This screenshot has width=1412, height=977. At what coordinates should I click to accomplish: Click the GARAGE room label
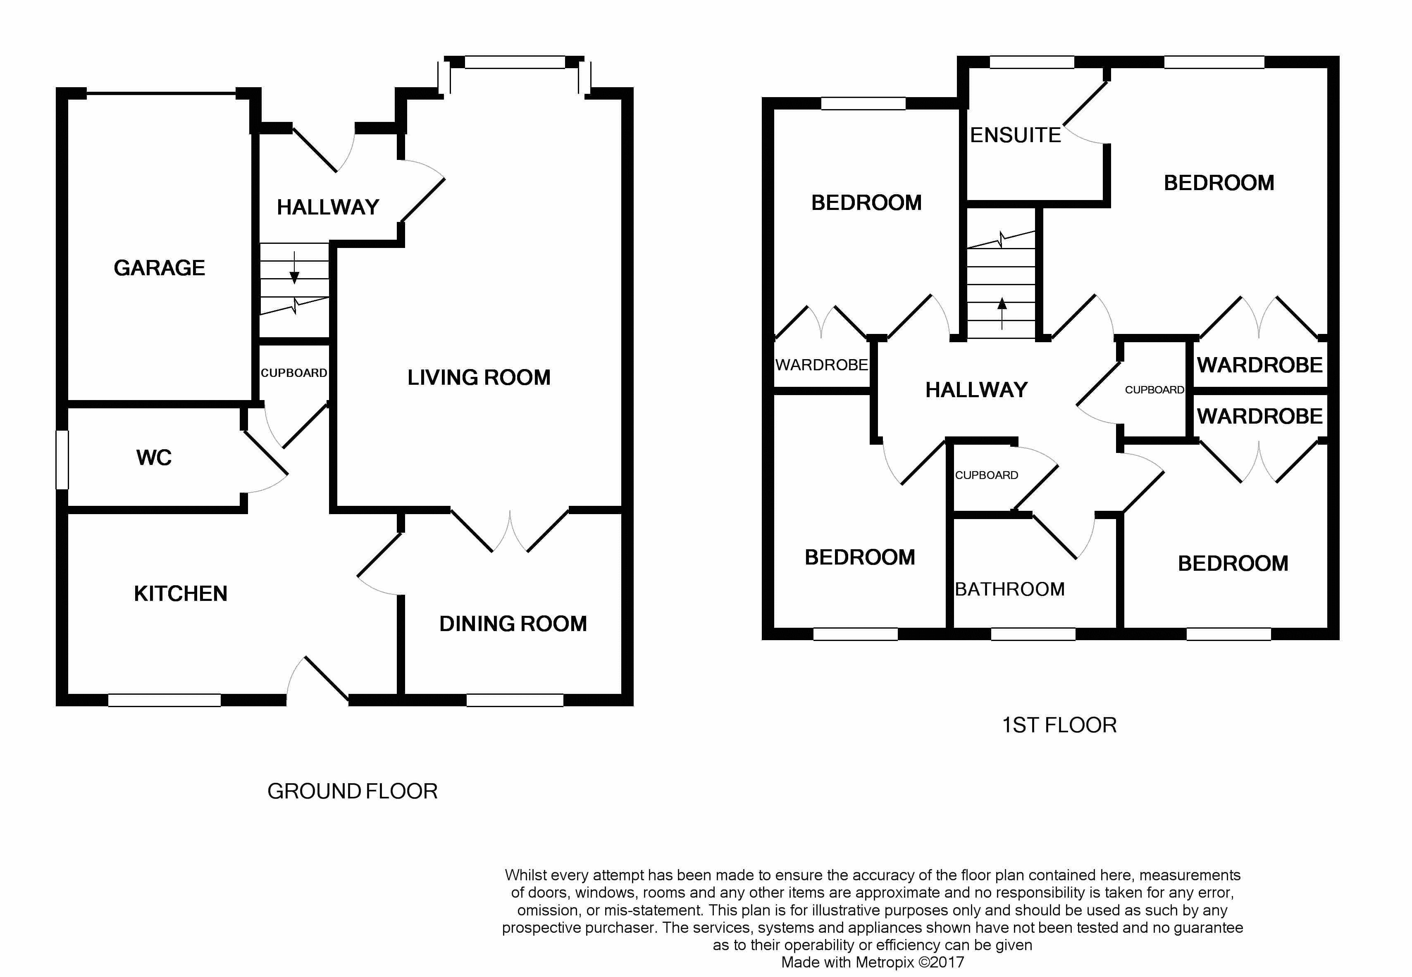159,268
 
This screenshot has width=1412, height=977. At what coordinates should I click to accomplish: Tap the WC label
154,458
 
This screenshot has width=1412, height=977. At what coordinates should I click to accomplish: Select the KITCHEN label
181,594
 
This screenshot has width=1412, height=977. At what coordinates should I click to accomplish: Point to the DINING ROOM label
513,624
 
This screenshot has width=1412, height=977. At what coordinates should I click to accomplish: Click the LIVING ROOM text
479,378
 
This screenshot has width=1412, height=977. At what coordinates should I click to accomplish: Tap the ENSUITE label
1015,135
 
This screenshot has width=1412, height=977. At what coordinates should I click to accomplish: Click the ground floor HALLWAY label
328,207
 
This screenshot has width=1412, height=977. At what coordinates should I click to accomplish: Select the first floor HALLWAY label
976,390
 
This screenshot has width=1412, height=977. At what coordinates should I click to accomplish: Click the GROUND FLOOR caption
352,791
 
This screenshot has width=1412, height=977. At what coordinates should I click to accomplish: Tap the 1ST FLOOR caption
1059,725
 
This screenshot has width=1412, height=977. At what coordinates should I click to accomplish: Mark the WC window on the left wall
62,460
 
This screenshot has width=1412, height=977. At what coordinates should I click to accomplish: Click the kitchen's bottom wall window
164,700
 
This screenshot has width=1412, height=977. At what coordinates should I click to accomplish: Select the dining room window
514,700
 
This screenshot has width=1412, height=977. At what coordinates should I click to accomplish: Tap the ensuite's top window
1032,62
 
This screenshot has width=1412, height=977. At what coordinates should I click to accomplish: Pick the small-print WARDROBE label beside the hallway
821,365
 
